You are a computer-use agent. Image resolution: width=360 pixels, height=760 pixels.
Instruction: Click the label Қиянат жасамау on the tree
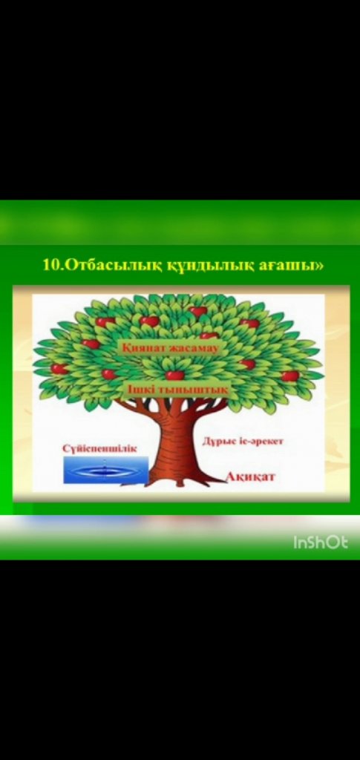[x=171, y=349]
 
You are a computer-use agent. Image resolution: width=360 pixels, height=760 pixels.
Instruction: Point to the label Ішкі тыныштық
[x=179, y=390]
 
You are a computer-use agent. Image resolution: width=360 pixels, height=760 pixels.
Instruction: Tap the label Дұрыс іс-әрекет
[x=242, y=442]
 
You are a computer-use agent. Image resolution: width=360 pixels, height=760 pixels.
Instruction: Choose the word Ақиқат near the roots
[x=250, y=476]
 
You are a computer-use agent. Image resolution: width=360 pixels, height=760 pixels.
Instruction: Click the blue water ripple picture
[x=106, y=470]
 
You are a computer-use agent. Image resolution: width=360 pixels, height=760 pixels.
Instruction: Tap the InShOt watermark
[x=320, y=543]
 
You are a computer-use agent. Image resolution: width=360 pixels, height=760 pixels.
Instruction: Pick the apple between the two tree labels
[x=175, y=374]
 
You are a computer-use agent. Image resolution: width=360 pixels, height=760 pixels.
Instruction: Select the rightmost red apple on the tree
[x=289, y=376]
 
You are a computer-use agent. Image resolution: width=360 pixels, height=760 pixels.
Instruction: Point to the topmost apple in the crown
[x=197, y=311]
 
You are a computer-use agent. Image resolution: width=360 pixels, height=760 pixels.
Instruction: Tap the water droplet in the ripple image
[x=105, y=468]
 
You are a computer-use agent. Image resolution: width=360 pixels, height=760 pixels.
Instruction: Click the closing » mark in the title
[x=318, y=266]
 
